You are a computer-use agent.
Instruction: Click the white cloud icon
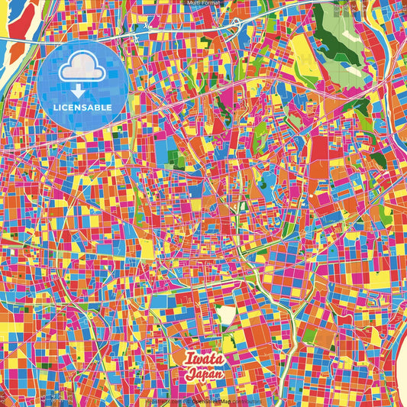coord(81,69)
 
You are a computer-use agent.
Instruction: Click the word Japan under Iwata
coord(204,375)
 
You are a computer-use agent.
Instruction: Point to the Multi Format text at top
coord(203,3)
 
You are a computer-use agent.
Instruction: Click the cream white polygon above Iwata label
coord(227,314)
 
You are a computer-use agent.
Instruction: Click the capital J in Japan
coord(189,375)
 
